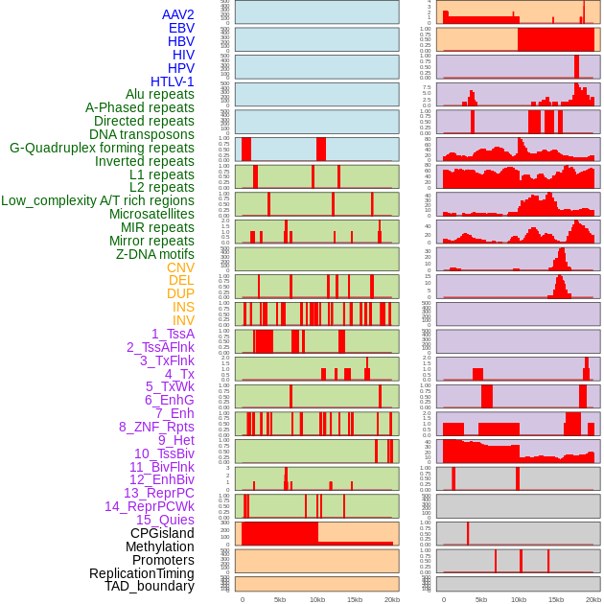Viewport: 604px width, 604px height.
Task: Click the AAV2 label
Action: coord(177,14)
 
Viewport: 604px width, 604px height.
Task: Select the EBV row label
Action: coord(181,28)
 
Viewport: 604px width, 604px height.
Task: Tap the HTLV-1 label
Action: coord(173,81)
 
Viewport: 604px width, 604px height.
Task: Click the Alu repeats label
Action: coord(159,95)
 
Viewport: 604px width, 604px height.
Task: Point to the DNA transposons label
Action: coord(142,135)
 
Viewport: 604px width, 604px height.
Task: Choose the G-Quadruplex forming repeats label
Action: coord(102,149)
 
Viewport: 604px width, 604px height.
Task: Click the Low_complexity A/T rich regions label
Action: coord(98,200)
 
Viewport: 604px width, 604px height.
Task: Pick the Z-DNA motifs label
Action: coord(155,254)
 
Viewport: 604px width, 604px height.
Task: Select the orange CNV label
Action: coord(180,267)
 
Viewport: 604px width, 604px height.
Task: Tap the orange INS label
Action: coord(182,307)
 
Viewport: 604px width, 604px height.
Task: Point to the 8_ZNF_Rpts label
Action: coord(156,427)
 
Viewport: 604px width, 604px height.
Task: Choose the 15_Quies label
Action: coord(165,520)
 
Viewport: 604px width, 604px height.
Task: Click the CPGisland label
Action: coord(162,533)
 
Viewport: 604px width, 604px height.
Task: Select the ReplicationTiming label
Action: coord(142,573)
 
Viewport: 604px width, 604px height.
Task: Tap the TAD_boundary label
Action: coord(149,586)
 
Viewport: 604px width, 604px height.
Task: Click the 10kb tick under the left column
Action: coord(317,599)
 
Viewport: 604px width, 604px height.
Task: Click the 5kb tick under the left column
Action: coord(280,599)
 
